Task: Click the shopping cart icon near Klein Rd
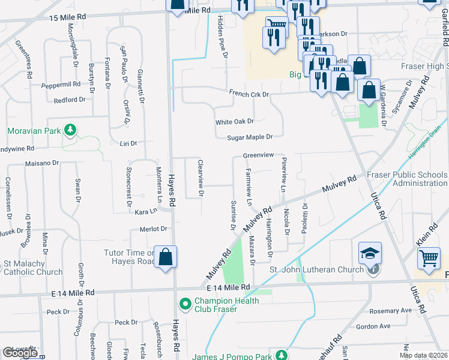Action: [429, 259]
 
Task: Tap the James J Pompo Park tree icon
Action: [280, 356]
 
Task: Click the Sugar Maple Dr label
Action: [250, 137]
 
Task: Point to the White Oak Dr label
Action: [235, 122]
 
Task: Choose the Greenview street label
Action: [258, 155]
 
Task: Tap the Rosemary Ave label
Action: [391, 311]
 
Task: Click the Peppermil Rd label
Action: [61, 85]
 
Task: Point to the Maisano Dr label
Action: [41, 163]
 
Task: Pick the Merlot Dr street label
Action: [153, 229]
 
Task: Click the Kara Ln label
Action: [146, 212]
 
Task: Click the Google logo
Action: [20, 353]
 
